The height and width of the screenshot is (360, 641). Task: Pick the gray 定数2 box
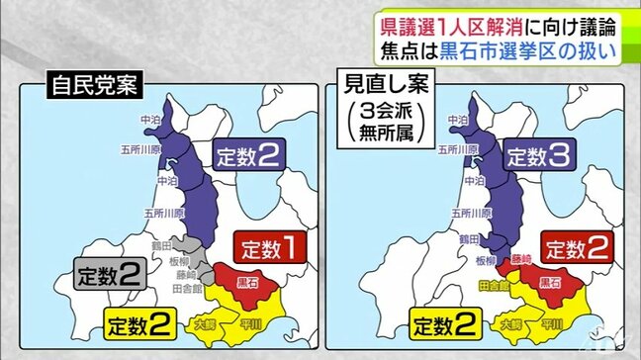(x=111, y=272)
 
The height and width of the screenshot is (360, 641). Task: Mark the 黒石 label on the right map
(x=546, y=283)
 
